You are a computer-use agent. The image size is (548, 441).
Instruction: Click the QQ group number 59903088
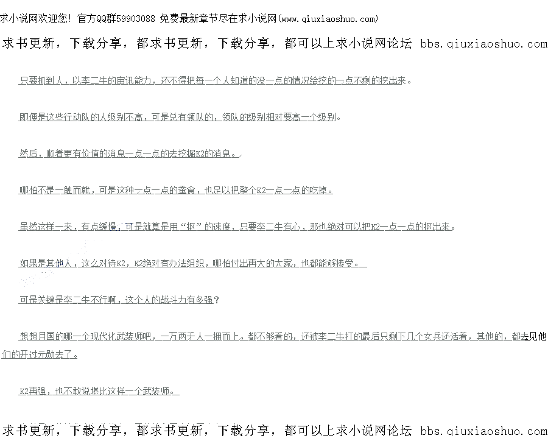click(136, 19)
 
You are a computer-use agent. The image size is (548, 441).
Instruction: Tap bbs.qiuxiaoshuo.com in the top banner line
click(483, 44)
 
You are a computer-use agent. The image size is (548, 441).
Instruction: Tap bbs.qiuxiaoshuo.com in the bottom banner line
click(483, 431)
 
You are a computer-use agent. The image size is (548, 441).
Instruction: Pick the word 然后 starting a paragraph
click(27, 153)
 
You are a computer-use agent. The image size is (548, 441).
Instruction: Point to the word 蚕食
click(186, 190)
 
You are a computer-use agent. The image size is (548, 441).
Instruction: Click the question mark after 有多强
click(217, 300)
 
